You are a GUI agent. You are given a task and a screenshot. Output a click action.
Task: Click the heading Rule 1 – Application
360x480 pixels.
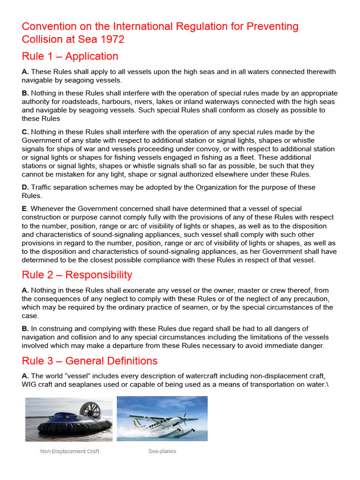click(x=70, y=56)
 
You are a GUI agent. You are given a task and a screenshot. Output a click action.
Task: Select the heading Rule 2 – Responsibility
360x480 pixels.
click(x=77, y=275)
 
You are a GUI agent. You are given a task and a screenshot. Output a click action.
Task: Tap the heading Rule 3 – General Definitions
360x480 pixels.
click(x=90, y=361)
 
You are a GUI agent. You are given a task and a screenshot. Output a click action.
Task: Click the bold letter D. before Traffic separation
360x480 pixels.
click(x=25, y=187)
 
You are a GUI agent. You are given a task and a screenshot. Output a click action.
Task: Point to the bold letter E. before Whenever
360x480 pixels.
click(x=24, y=209)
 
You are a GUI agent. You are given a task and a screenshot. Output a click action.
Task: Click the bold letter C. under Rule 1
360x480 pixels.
click(x=25, y=132)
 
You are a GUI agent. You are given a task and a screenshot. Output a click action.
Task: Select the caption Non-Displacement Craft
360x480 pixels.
click(x=69, y=451)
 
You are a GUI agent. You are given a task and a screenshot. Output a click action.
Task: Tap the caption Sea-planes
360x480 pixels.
click(x=162, y=451)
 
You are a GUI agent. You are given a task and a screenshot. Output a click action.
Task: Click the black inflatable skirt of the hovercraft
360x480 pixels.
click(x=75, y=427)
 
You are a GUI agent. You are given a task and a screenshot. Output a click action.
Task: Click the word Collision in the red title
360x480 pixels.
click(x=41, y=39)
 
